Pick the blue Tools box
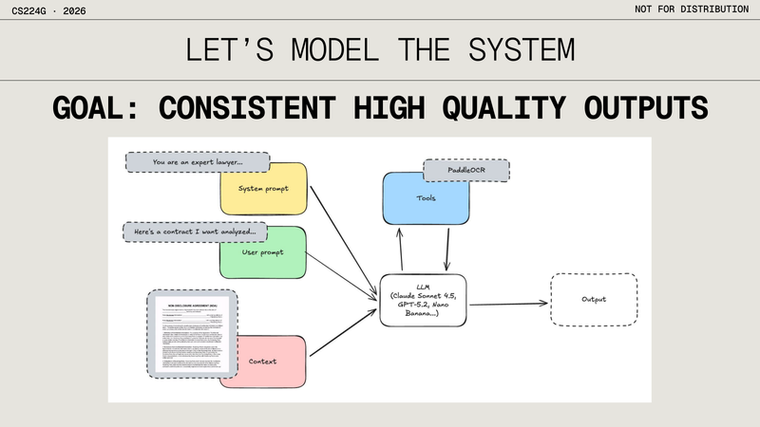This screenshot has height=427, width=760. (426, 199)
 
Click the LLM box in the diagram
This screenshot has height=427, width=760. (423, 301)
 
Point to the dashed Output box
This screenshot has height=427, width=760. (594, 301)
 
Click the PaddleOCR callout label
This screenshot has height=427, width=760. (465, 171)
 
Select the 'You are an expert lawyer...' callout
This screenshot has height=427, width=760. (197, 162)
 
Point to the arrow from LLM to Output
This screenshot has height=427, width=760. (509, 304)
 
